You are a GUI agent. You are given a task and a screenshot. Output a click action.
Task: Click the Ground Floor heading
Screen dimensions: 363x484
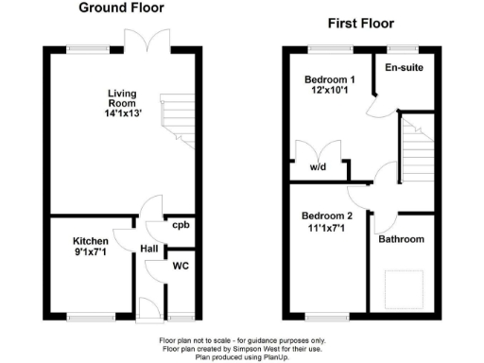pyautogui.click(x=120, y=8)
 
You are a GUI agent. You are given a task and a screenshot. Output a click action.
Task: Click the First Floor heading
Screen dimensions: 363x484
pyautogui.click(x=360, y=24)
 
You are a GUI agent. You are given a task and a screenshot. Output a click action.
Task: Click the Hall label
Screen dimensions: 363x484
pyautogui.click(x=149, y=249)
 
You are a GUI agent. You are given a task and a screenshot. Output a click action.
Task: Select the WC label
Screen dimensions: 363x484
pyautogui.click(x=180, y=266)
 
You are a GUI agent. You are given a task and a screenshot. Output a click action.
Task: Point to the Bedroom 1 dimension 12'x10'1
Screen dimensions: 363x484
pyautogui.click(x=327, y=93)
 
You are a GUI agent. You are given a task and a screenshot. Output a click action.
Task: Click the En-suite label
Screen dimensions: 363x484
pyautogui.click(x=404, y=68)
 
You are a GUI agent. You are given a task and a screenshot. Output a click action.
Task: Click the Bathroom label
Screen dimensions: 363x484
pyautogui.click(x=402, y=240)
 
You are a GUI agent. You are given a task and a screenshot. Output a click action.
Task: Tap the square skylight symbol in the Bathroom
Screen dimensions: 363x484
pyautogui.click(x=403, y=284)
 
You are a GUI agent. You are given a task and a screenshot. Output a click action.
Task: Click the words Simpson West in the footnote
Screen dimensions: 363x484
pyautogui.click(x=254, y=349)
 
